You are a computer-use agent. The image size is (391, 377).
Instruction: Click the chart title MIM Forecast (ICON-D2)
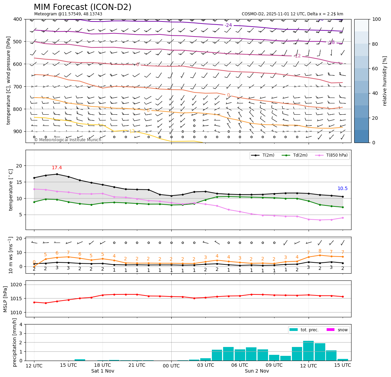(x=82, y=7)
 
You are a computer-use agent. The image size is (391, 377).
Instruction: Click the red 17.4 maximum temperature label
(x=57, y=168)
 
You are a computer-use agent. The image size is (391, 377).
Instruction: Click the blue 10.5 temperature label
(x=342, y=189)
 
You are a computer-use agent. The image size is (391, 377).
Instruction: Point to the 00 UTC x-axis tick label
(x=171, y=366)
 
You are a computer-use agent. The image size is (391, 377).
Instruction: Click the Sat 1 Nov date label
(x=103, y=371)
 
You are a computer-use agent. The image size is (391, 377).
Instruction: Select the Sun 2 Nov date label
(x=257, y=371)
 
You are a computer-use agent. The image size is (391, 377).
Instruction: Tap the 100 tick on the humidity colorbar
(x=377, y=19)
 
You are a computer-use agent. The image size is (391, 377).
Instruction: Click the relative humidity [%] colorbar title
(x=385, y=81)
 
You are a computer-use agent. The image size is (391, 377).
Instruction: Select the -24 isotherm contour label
(x=228, y=25)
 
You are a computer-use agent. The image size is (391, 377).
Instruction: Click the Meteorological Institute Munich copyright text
(x=67, y=140)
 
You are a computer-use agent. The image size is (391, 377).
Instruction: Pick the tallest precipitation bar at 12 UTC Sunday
(x=308, y=351)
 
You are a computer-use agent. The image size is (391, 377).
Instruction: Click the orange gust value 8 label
(x=320, y=251)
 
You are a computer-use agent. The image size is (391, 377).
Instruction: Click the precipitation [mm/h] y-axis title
(x=15, y=342)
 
